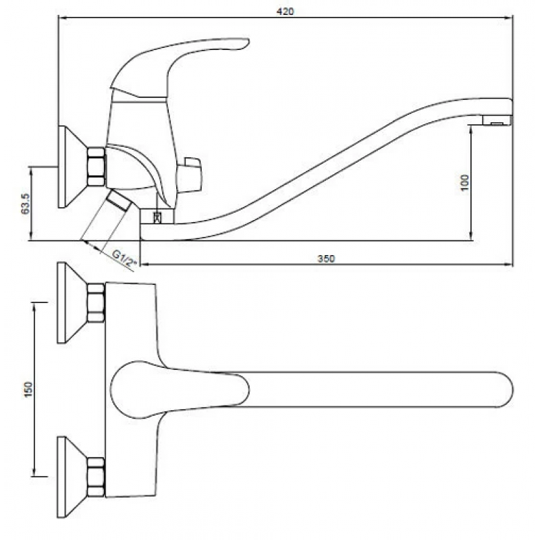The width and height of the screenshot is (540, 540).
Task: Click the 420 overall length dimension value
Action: coord(285,11)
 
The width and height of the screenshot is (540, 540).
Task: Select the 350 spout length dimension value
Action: coord(326,259)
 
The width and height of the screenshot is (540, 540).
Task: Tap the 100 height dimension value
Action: coord(464,182)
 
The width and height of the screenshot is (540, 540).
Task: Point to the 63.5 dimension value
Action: coord(26,204)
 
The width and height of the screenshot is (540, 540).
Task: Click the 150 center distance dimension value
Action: coord(28,389)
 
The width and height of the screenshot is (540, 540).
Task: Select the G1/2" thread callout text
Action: coord(124,259)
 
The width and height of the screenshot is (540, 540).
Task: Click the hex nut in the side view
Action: coord(95,167)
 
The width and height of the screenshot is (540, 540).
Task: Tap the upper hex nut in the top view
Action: coord(95,303)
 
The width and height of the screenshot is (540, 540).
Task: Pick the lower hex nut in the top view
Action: coord(95,477)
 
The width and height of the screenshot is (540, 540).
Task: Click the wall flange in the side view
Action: coord(72,167)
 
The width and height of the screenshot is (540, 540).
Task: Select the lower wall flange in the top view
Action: coord(72,477)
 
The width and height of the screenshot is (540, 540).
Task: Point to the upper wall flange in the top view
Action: coord(72,302)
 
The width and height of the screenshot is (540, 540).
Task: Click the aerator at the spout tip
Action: coord(496,121)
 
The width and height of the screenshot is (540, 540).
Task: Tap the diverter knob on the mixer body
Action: coord(189,175)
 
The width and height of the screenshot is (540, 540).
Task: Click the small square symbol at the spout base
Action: coord(157,217)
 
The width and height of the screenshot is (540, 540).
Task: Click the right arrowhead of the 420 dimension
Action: coord(509,18)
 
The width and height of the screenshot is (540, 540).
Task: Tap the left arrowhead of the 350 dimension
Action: coord(145,265)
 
